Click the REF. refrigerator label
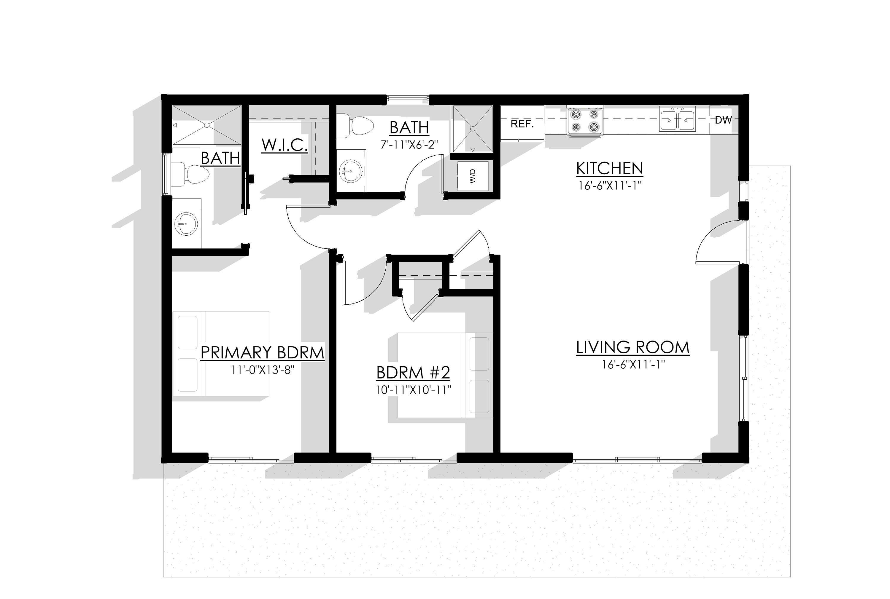pos(522,124)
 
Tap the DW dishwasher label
pos(723,120)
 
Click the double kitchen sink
pos(677,119)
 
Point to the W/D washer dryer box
pos(473,176)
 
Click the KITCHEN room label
pos(609,168)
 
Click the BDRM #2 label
pos(413,373)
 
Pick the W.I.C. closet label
pos(285,145)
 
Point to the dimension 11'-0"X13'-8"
pos(262,370)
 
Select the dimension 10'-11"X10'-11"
pos(413,390)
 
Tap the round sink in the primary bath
pos(186,224)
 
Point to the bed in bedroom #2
pos(445,375)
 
